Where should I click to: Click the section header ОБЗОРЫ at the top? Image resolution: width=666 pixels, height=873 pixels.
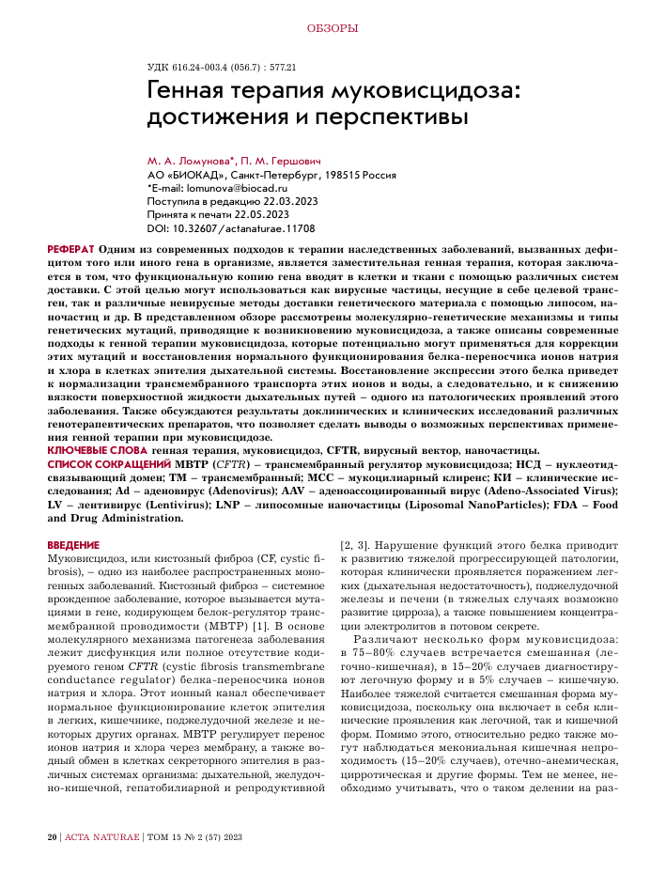pos(333,28)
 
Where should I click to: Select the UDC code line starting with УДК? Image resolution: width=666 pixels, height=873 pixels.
pos(223,68)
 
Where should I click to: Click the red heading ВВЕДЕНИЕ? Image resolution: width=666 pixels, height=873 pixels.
pos(73,545)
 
